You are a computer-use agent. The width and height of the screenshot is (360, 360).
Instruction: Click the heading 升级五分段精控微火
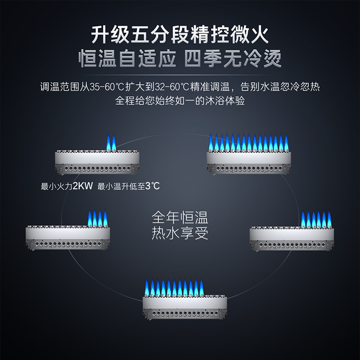180,35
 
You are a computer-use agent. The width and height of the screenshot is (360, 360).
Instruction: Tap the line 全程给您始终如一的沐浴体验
180,102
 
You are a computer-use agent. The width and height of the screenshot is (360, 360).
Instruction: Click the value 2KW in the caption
83,186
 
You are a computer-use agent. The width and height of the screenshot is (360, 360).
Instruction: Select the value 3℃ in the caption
152,186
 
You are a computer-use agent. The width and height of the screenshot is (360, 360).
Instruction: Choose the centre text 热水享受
180,234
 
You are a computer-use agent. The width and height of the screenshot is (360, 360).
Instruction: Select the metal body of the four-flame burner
68,238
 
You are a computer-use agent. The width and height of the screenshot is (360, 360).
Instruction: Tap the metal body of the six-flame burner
292,238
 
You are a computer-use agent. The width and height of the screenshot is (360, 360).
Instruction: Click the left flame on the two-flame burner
108,142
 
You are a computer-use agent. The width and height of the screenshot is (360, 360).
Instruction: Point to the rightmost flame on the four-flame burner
105,218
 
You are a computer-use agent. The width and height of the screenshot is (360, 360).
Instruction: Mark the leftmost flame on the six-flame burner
303,219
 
